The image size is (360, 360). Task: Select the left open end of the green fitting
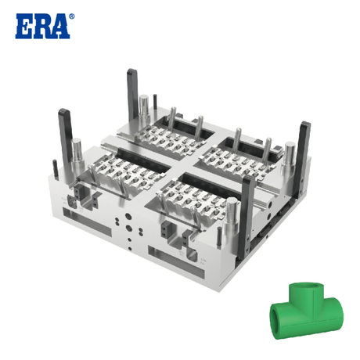point(277,319)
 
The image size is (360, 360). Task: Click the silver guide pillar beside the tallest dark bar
point(145,110)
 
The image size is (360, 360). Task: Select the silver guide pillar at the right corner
point(288,155)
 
